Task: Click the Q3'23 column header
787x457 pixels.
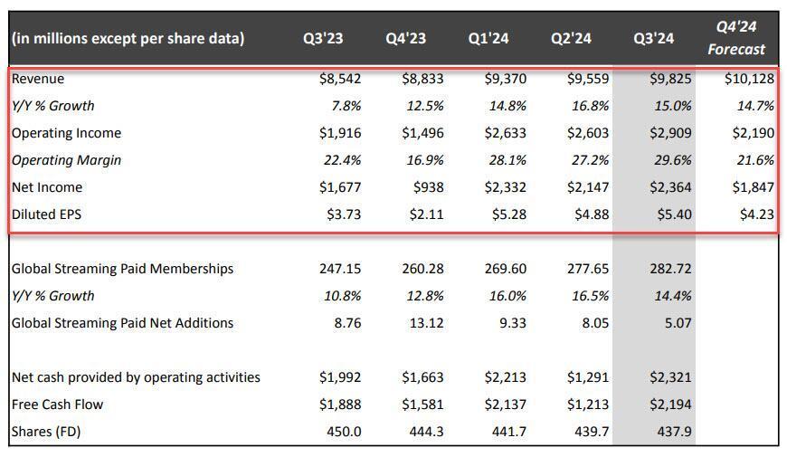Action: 322,39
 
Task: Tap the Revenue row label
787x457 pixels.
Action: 38,79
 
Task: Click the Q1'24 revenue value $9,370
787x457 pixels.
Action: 506,79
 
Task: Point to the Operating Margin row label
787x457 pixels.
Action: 66,160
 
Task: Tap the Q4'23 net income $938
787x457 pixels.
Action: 429,187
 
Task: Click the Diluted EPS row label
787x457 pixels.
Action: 47,214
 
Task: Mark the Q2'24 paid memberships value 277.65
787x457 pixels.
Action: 588,269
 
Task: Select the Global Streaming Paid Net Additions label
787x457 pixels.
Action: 122,323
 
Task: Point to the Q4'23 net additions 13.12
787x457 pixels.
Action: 426,323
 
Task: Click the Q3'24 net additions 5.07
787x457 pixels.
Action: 678,323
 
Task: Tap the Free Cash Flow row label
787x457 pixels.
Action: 56,405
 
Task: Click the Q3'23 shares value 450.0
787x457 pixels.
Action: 343,432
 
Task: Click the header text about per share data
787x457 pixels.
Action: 128,39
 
